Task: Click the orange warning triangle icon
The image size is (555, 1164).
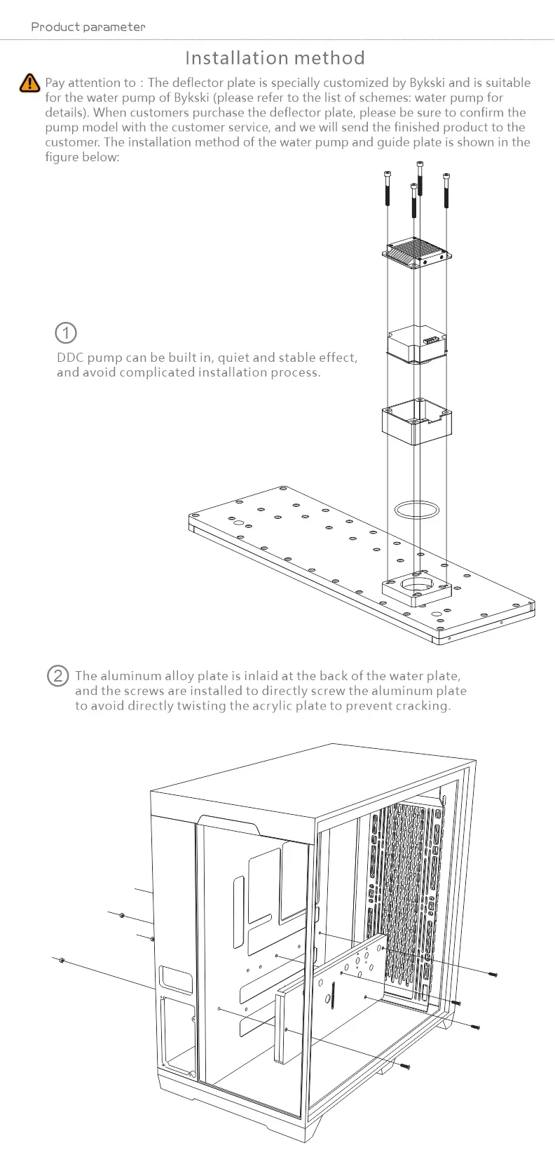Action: [29, 83]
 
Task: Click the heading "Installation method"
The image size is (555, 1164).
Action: [275, 57]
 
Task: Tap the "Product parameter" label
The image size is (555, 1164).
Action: [88, 27]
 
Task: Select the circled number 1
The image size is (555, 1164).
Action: [65, 332]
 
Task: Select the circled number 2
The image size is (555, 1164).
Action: [58, 676]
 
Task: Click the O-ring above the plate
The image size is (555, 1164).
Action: [418, 508]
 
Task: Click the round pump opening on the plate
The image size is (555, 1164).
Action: [417, 583]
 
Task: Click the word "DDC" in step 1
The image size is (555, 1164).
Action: [70, 358]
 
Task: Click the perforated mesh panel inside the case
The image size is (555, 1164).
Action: [403, 898]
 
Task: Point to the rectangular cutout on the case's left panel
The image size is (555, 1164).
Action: [175, 980]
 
